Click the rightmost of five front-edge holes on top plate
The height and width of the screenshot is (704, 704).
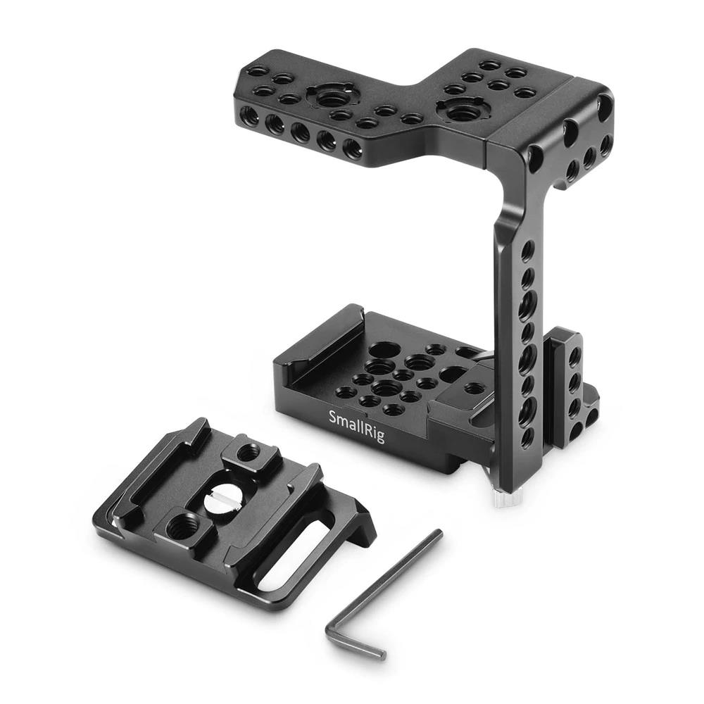351,149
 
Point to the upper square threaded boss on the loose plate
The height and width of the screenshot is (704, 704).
246,453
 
